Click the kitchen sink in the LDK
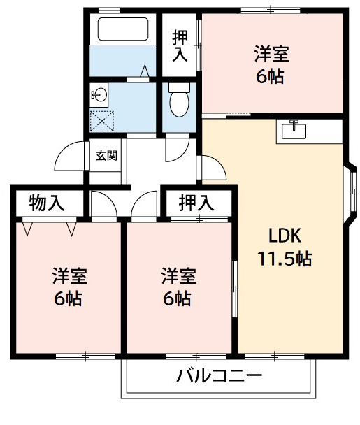(294, 129)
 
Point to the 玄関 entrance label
(106, 155)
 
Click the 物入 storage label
(47, 203)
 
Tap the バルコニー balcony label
(219, 377)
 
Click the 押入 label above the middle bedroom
(196, 203)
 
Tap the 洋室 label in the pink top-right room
(271, 53)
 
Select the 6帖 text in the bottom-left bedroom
(69, 298)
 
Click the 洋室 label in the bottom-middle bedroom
(179, 275)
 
